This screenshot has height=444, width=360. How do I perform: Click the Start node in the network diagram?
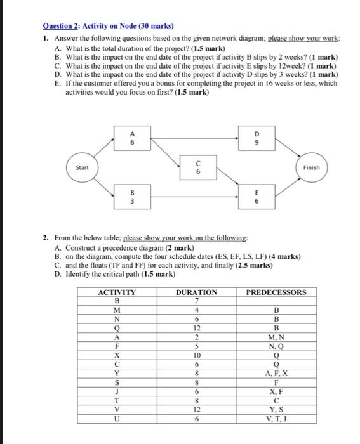83,167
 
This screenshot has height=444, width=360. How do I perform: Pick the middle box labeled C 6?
197,167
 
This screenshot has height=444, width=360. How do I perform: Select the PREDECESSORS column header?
275,292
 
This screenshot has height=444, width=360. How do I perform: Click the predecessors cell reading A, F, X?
275,374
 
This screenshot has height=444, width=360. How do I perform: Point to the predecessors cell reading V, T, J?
275,419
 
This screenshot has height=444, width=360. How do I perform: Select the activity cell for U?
116,419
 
